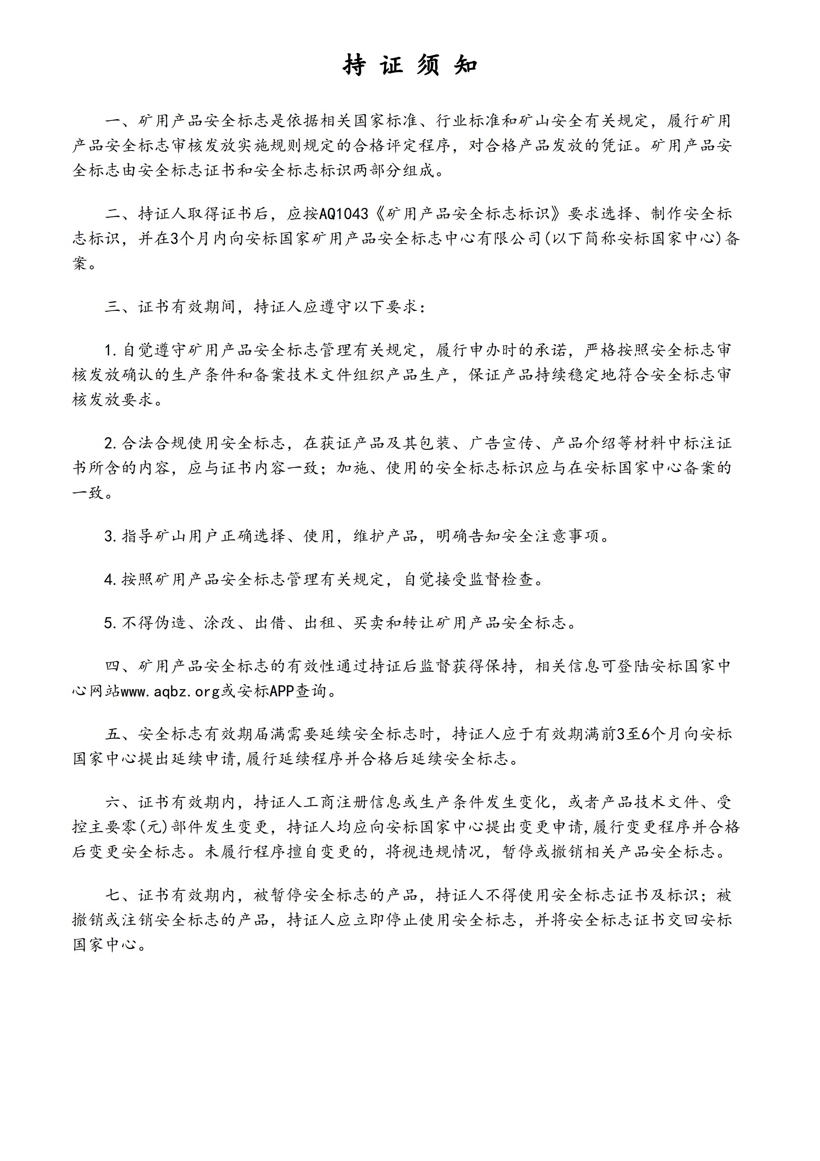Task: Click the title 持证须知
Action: pos(410,65)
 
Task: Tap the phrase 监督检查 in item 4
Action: pos(501,580)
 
